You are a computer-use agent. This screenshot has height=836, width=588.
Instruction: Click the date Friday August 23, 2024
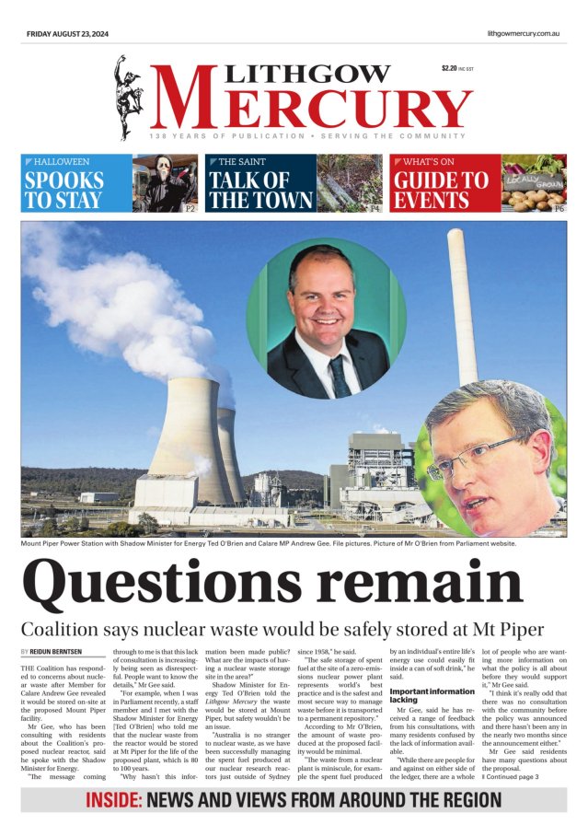pos(67,34)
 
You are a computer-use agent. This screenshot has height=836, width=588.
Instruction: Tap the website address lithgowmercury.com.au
pos(525,34)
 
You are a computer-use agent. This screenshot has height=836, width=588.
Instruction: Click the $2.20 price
pos(449,67)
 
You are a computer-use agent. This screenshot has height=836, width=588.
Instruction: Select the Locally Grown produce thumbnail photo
pos(534,183)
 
